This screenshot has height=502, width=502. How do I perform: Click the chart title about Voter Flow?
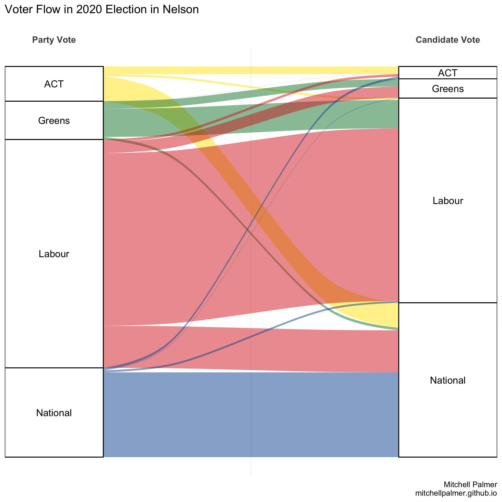coord(102,10)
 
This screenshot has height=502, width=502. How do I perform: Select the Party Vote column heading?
coord(54,40)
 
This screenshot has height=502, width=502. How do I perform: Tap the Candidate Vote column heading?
coord(448,40)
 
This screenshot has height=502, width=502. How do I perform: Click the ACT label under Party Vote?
coord(54,84)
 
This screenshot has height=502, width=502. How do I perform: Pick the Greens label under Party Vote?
coord(54,121)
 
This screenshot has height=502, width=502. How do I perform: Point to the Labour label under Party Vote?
coord(54,254)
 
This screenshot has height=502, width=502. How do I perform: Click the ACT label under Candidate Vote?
coord(448,73)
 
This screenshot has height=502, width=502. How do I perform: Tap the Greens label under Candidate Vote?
coord(448,89)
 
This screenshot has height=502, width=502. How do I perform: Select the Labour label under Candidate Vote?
coord(448,201)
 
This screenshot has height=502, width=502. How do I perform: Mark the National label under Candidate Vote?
coord(448,380)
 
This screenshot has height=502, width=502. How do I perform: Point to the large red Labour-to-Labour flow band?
coord(182,234)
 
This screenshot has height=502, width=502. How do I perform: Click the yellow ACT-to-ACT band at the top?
coord(251,70)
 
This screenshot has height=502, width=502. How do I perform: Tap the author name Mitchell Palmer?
coord(470,484)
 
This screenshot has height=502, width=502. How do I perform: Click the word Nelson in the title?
coord(181,10)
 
